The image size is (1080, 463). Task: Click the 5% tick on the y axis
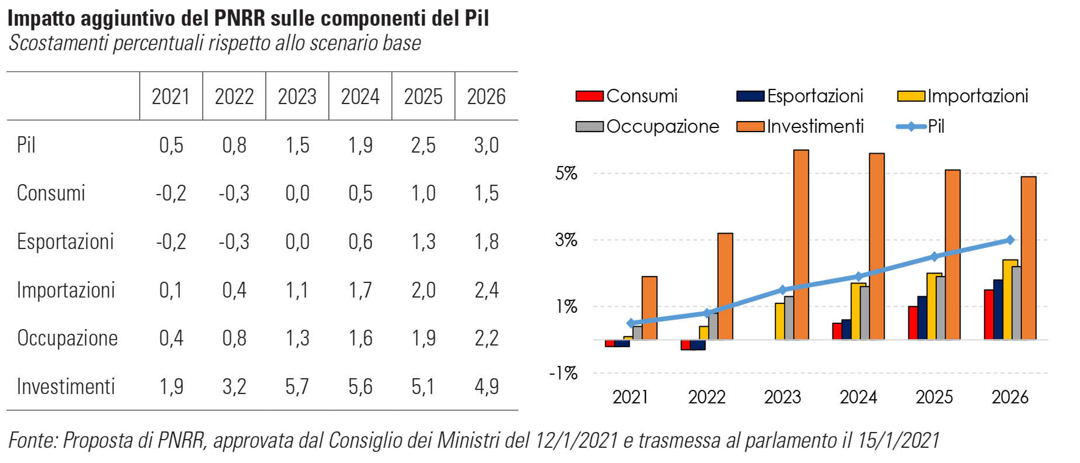tap(566, 173)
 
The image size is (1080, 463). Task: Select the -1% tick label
tap(563, 373)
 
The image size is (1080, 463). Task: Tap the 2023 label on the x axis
tap(782, 397)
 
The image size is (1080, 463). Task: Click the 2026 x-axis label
tap(1010, 397)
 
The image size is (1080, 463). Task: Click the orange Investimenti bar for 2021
tap(650, 307)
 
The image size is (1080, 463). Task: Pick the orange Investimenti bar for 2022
tap(725, 286)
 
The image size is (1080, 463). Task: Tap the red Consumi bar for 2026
tap(989, 315)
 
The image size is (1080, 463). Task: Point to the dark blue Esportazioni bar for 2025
tap(922, 317)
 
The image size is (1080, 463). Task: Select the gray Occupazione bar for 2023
tap(789, 317)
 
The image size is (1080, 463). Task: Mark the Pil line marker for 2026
tap(1010, 240)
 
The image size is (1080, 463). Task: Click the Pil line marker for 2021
tap(631, 323)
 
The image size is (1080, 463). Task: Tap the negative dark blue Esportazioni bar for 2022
tap(698, 345)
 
